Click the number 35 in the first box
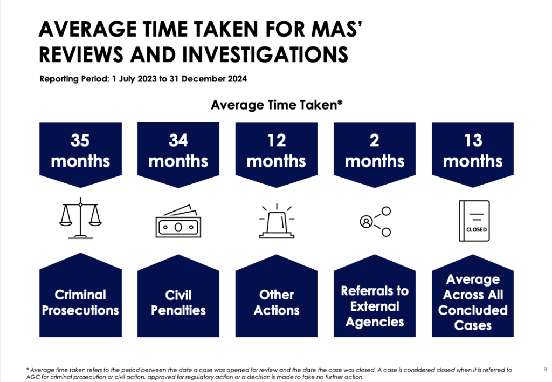point(80,140)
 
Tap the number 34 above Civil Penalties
point(178,140)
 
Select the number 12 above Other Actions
point(277,140)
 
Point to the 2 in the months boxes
point(374,140)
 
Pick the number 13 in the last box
point(473,140)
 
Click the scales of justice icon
point(80,219)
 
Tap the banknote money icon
point(178,221)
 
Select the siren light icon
point(277,221)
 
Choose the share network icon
point(375,221)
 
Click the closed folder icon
point(474,221)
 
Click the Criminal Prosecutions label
point(80,302)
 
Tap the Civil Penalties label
point(178,302)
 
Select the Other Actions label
point(277,302)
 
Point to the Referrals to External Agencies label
point(375,306)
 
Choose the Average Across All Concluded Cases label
point(473,302)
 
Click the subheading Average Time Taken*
point(277,105)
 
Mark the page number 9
point(546,369)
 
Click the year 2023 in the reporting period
point(147,79)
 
